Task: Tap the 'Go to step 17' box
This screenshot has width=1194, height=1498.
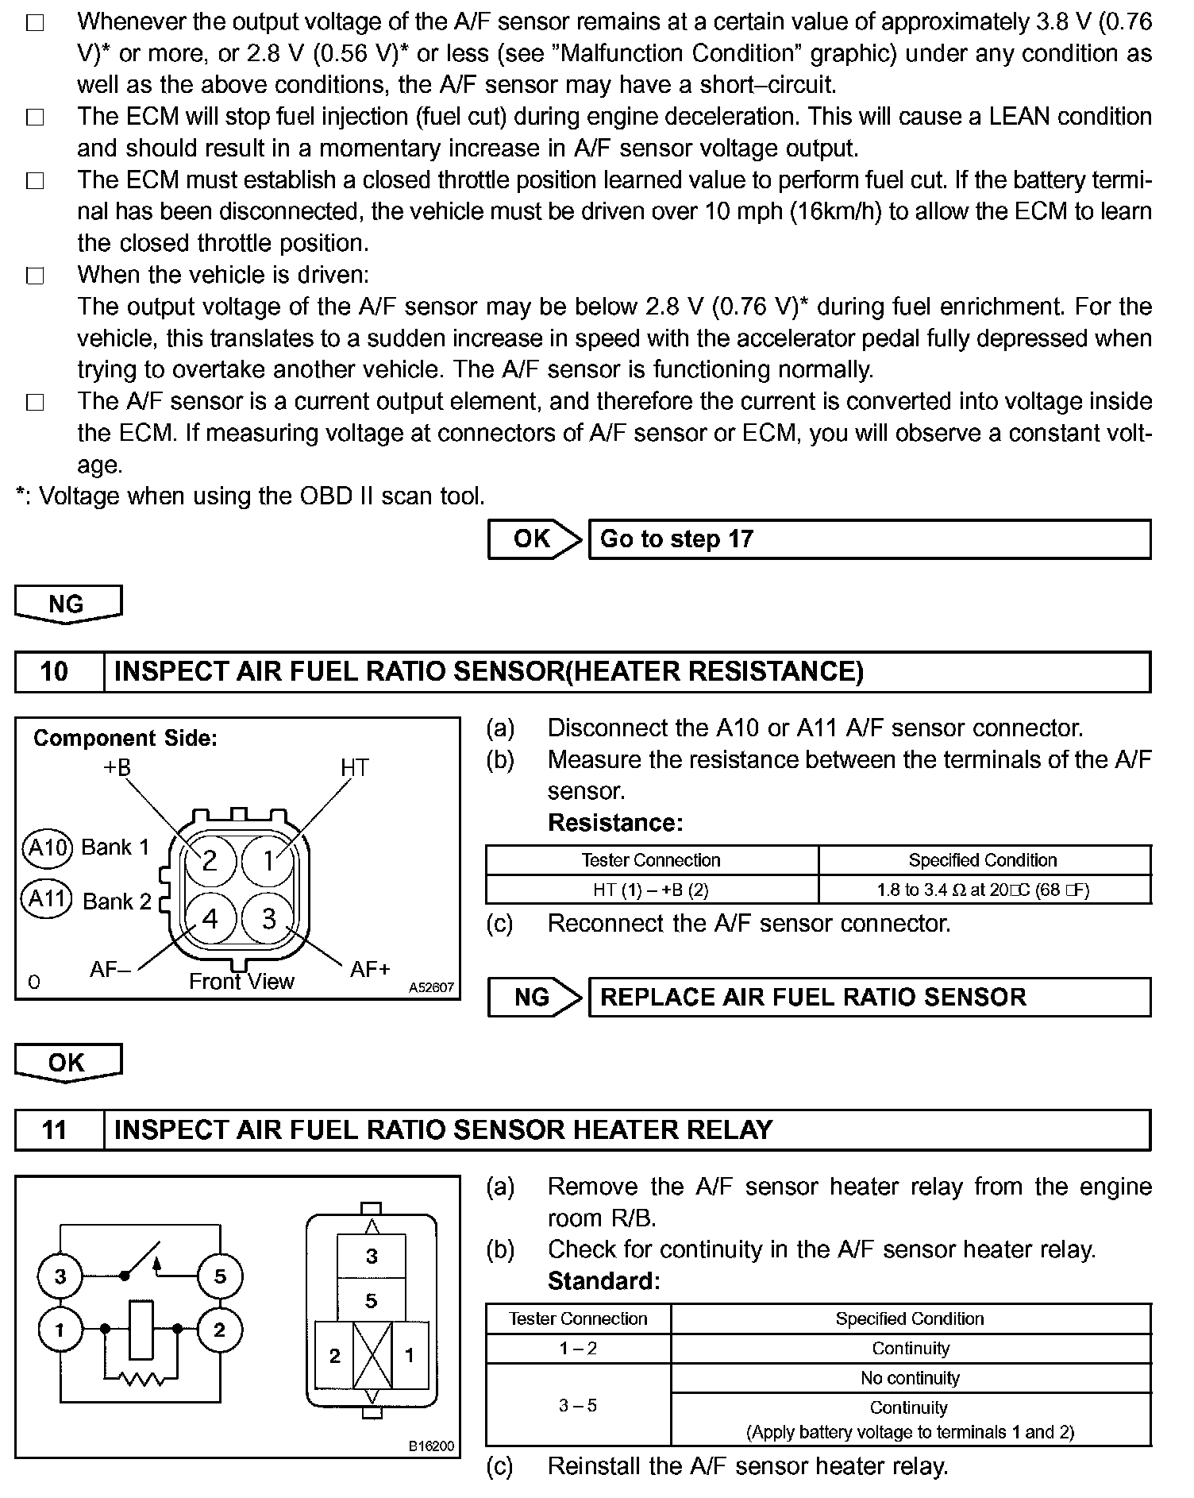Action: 869,539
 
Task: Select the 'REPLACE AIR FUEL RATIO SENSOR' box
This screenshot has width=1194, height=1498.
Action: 869,998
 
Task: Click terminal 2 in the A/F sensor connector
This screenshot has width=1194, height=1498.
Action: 210,860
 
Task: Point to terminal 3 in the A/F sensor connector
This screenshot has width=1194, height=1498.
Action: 269,919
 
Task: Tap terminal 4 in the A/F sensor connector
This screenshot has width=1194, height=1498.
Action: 210,919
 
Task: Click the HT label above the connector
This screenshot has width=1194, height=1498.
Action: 355,768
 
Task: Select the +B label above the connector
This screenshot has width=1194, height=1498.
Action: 117,768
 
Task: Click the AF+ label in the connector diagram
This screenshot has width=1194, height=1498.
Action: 370,970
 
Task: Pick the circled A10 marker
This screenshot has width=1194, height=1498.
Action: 48,847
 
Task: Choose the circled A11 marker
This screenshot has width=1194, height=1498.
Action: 48,900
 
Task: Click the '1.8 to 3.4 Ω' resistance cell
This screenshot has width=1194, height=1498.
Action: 984,890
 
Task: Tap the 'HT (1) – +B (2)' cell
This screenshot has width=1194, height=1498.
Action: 651,890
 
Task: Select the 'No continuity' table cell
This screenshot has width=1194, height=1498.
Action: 910,1378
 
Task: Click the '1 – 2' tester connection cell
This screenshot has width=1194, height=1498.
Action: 578,1349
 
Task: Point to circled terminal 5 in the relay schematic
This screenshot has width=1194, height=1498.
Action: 220,1276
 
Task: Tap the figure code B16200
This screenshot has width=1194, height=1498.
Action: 431,1446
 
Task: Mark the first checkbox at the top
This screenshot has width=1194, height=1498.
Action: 35,23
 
